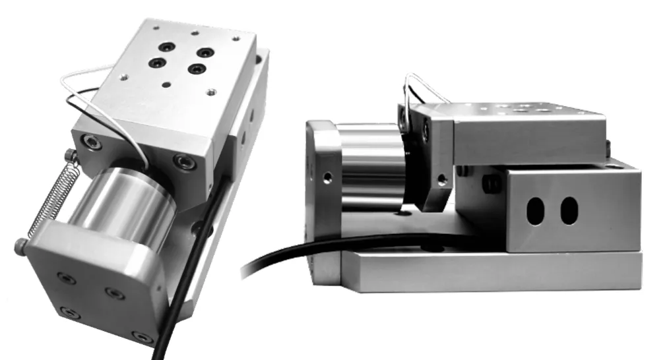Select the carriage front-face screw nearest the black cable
180,160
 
